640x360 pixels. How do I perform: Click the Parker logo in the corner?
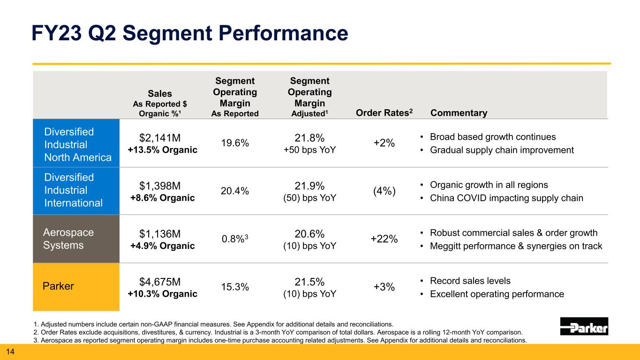(x=584, y=326)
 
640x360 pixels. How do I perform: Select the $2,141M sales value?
(x=160, y=137)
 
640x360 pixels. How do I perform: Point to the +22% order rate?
(x=384, y=239)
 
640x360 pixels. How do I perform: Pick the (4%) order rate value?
(x=384, y=191)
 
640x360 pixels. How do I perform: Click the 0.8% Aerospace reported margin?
(x=235, y=240)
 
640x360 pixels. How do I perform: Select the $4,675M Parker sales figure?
(x=160, y=282)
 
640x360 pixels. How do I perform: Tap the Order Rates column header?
(x=384, y=113)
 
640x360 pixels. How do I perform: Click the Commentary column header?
(x=459, y=113)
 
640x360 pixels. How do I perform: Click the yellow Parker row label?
(x=59, y=286)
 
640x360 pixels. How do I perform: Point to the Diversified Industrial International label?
(x=74, y=190)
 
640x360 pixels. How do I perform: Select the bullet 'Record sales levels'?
(x=470, y=281)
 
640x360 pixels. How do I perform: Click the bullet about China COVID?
(x=506, y=198)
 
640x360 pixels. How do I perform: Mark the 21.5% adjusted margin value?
(x=309, y=282)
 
